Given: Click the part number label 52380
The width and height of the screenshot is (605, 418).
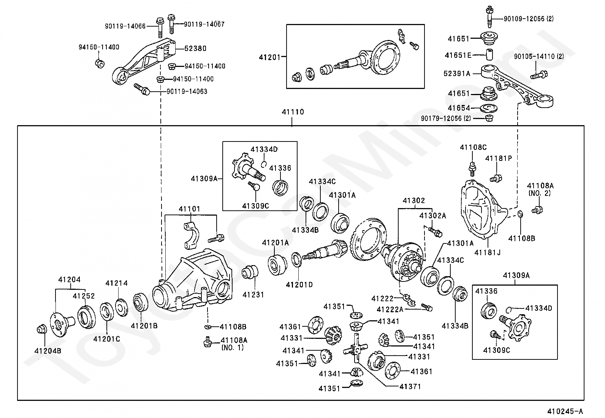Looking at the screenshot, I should pos(195,49).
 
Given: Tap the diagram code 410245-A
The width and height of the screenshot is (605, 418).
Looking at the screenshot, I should pos(565,411).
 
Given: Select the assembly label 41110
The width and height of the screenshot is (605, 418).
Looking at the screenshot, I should pos(293,112).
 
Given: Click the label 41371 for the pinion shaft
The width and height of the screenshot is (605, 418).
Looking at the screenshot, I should pos(410,386).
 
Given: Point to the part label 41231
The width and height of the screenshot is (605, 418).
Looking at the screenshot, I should pos(253,294).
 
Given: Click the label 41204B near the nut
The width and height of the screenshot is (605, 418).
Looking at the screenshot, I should pos(48,351).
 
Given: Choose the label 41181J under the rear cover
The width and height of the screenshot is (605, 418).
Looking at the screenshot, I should pos(487,252).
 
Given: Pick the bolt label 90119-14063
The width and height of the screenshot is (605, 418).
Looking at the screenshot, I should pos(187,92).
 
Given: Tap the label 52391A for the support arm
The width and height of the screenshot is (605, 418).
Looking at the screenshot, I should pos(457,73).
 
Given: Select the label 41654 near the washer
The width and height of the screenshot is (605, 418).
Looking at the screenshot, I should pos(459,108).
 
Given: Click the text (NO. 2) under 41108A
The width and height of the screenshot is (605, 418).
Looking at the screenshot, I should pos(540,193).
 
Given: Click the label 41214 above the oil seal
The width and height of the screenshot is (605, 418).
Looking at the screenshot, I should pos(116,283).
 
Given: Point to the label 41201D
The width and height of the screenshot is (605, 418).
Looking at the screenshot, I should pos(299,284).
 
